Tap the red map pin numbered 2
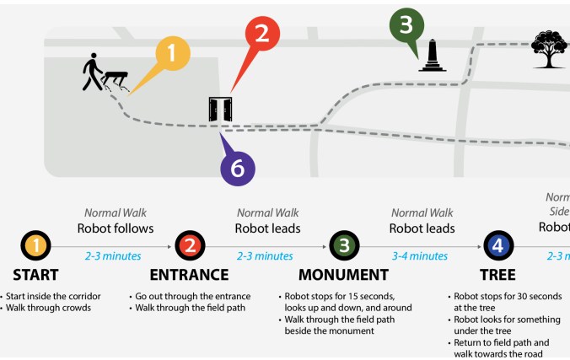(262, 35)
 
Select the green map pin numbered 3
(406, 25)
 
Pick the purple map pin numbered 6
(238, 169)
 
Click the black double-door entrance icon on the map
(220, 110)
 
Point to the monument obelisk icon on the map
(433, 56)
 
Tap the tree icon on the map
(549, 49)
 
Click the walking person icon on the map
(92, 73)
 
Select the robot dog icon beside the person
(116, 80)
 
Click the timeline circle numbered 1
(35, 246)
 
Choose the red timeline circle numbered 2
(190, 246)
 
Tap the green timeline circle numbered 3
(344, 246)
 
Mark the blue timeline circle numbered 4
(498, 246)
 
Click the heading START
(35, 275)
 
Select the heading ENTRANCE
(189, 275)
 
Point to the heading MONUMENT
(343, 275)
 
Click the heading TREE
(498, 275)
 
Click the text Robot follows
(116, 228)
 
